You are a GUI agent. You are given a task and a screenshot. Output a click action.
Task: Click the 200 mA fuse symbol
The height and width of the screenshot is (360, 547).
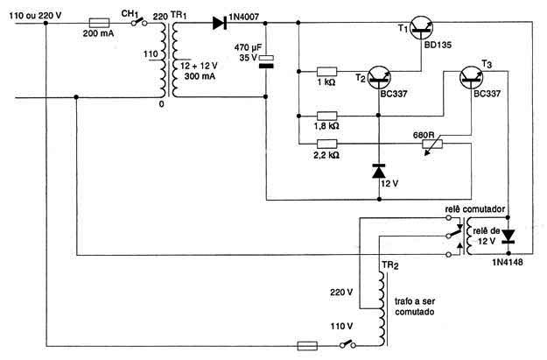[100, 23]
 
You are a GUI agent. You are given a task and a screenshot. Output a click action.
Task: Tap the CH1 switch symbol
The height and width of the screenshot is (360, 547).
[139, 23]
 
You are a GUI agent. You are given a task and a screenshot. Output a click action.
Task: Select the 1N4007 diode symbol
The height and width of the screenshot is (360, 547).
[220, 23]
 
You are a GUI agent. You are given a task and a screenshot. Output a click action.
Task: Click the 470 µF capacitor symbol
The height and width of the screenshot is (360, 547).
[266, 61]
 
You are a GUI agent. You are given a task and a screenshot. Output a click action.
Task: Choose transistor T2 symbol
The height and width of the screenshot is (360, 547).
[379, 77]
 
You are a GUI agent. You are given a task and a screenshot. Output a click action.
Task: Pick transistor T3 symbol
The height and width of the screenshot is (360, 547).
[472, 77]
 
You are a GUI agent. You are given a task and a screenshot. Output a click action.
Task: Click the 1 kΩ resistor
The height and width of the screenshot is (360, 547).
[326, 72]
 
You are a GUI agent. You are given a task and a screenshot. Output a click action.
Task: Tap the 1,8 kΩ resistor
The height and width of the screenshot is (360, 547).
[326, 116]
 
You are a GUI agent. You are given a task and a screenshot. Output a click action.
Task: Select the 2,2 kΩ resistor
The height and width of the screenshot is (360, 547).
[326, 144]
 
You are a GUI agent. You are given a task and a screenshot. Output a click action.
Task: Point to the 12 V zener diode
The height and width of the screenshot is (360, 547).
[379, 171]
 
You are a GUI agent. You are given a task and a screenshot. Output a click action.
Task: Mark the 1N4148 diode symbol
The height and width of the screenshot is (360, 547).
[508, 236]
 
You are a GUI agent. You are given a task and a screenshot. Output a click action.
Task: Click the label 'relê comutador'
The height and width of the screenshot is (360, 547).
[474, 209]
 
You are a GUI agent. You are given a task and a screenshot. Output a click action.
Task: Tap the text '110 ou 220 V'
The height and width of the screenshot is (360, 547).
[35, 16]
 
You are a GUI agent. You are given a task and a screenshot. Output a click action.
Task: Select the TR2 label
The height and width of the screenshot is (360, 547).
[390, 265]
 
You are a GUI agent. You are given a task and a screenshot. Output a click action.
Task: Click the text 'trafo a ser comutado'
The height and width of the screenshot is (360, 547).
[415, 307]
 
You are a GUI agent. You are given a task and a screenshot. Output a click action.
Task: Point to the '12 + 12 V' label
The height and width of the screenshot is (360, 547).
[199, 66]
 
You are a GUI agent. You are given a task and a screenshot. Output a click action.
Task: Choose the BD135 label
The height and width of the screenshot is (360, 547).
[438, 45]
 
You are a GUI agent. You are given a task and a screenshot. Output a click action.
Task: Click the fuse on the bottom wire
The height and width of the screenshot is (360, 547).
[307, 346]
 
